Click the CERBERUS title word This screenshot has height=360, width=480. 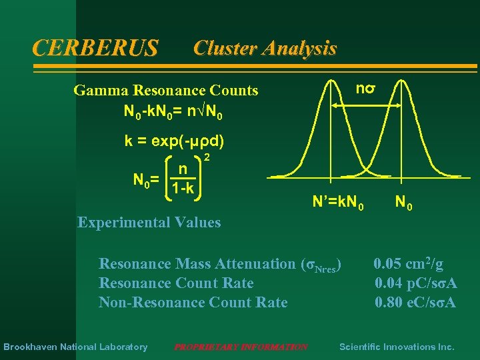[95, 48]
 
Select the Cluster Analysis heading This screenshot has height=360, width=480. [265, 48]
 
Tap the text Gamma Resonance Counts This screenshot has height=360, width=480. [166, 90]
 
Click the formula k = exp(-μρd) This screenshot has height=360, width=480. [174, 141]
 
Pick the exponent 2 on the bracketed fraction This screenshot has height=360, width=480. [207, 157]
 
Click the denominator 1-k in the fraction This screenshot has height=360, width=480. [181, 189]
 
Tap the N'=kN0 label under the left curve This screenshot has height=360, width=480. [339, 200]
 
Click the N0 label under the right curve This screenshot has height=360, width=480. [403, 200]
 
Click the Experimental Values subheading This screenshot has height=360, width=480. [149, 222]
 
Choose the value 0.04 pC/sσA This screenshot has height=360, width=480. [415, 283]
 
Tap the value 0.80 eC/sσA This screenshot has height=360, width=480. [415, 303]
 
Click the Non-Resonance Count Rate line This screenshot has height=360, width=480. [193, 303]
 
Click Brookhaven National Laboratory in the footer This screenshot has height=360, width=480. [75, 347]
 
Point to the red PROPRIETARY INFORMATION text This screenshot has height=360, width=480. [241, 347]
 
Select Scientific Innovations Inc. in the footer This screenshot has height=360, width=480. [397, 347]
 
